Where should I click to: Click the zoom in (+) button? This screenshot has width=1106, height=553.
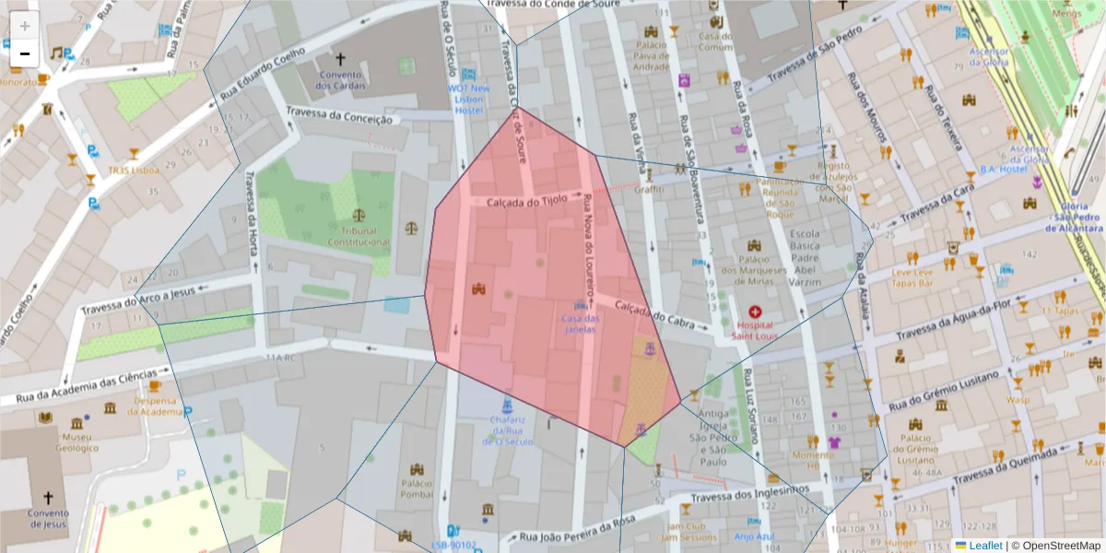point(25,26)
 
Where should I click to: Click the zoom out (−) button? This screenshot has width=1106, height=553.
point(25,53)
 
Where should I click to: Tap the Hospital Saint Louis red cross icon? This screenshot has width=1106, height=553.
point(756,312)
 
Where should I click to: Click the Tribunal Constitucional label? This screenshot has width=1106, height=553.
point(359,237)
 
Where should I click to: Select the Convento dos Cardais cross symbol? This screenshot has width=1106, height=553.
point(340,58)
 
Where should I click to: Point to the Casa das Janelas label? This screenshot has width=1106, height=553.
point(580,324)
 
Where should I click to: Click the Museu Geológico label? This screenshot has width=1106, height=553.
point(76,442)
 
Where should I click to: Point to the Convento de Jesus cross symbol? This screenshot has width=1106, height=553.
point(48,498)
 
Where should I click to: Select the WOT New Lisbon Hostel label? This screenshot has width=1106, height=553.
point(470,100)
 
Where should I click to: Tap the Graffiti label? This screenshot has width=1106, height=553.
point(649,189)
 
